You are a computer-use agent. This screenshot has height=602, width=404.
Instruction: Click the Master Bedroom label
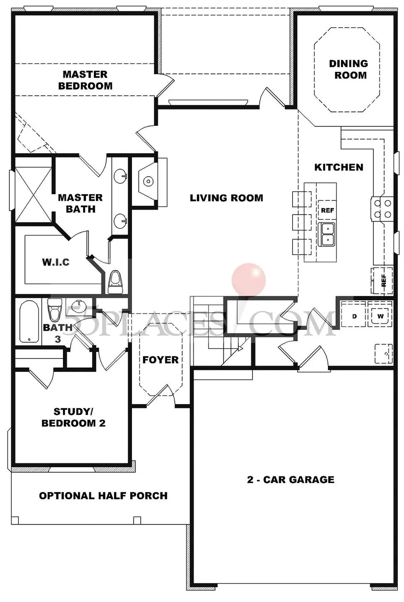[x=85, y=80]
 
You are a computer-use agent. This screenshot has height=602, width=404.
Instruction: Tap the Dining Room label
[x=349, y=70]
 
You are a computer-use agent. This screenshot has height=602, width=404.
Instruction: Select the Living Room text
[x=226, y=198]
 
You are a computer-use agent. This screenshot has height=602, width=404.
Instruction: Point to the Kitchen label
[x=339, y=167]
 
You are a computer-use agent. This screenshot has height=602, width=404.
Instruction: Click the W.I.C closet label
[x=56, y=262]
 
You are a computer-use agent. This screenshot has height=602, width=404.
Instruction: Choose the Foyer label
[x=160, y=360]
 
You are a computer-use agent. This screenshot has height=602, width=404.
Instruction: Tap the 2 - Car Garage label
[x=291, y=479]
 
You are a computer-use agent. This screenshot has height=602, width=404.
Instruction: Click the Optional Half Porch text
[x=103, y=495]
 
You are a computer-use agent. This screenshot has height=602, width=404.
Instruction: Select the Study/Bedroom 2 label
[x=73, y=417]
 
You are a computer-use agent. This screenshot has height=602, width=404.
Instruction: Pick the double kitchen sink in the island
[x=327, y=234]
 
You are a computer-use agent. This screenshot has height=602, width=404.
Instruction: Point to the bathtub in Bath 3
[x=29, y=321]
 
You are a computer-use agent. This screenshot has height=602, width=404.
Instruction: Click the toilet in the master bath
[x=116, y=282]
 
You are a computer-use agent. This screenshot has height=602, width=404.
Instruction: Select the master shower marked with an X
[x=33, y=195]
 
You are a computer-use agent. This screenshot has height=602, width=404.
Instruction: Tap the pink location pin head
[x=249, y=280]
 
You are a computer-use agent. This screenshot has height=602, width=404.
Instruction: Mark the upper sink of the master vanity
[x=120, y=176]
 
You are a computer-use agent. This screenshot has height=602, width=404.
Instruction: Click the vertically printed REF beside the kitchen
[x=383, y=280]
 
